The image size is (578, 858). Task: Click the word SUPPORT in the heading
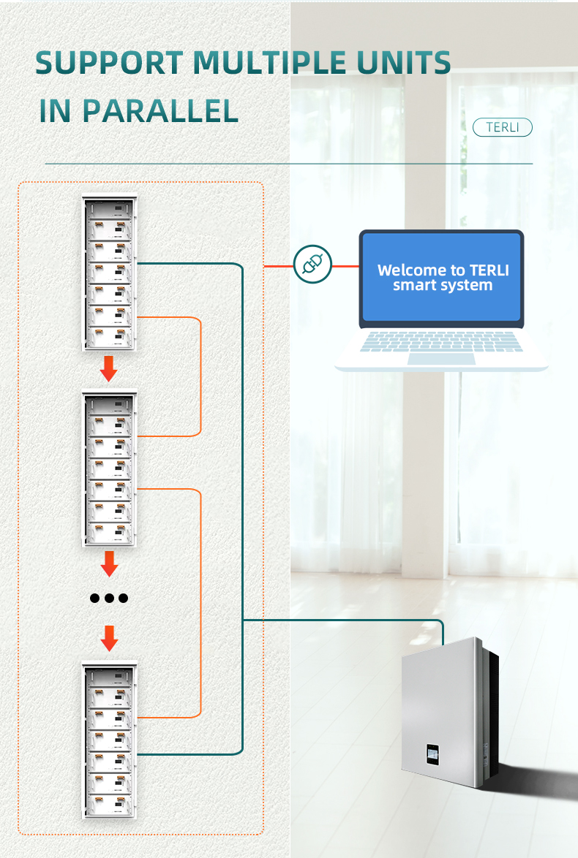tap(110, 64)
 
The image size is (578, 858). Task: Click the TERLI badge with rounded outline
tap(502, 127)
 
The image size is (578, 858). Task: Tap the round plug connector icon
tap(312, 265)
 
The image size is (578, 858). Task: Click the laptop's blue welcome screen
tap(442, 278)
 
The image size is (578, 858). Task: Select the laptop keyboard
tap(442, 341)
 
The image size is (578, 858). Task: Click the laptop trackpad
tap(441, 358)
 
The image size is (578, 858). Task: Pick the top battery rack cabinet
tap(110, 273)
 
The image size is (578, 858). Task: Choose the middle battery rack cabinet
tap(110, 470)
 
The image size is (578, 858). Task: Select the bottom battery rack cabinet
tap(110, 740)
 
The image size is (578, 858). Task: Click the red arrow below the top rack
tap(108, 369)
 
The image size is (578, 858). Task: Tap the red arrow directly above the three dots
tap(109, 563)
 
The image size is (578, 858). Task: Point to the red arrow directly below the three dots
tap(109, 638)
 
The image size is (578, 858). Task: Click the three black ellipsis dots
tap(109, 598)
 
